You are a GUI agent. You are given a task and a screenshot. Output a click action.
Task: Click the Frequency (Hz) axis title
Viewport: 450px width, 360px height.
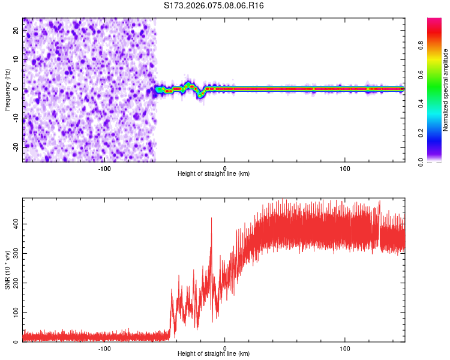(x=7, y=89)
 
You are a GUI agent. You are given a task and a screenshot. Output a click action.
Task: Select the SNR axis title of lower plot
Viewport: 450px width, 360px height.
(x=7, y=270)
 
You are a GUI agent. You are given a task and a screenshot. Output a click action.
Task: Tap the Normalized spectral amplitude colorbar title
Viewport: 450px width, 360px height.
(x=446, y=90)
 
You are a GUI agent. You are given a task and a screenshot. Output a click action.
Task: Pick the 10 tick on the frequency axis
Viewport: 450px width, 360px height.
(x=17, y=60)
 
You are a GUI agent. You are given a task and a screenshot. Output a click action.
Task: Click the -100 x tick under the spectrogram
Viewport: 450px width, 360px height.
(x=104, y=168)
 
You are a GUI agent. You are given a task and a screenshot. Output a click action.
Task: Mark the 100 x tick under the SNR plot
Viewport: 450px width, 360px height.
(x=345, y=349)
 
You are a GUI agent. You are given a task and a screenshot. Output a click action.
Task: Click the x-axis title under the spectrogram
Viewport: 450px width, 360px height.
(x=214, y=174)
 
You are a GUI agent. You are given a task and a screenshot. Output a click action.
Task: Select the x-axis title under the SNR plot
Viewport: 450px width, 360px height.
(x=214, y=355)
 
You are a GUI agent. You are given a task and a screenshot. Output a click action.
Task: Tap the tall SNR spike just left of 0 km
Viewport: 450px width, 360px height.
(x=211, y=219)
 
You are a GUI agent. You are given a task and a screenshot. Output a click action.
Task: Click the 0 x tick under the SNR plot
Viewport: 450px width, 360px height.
(x=225, y=349)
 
